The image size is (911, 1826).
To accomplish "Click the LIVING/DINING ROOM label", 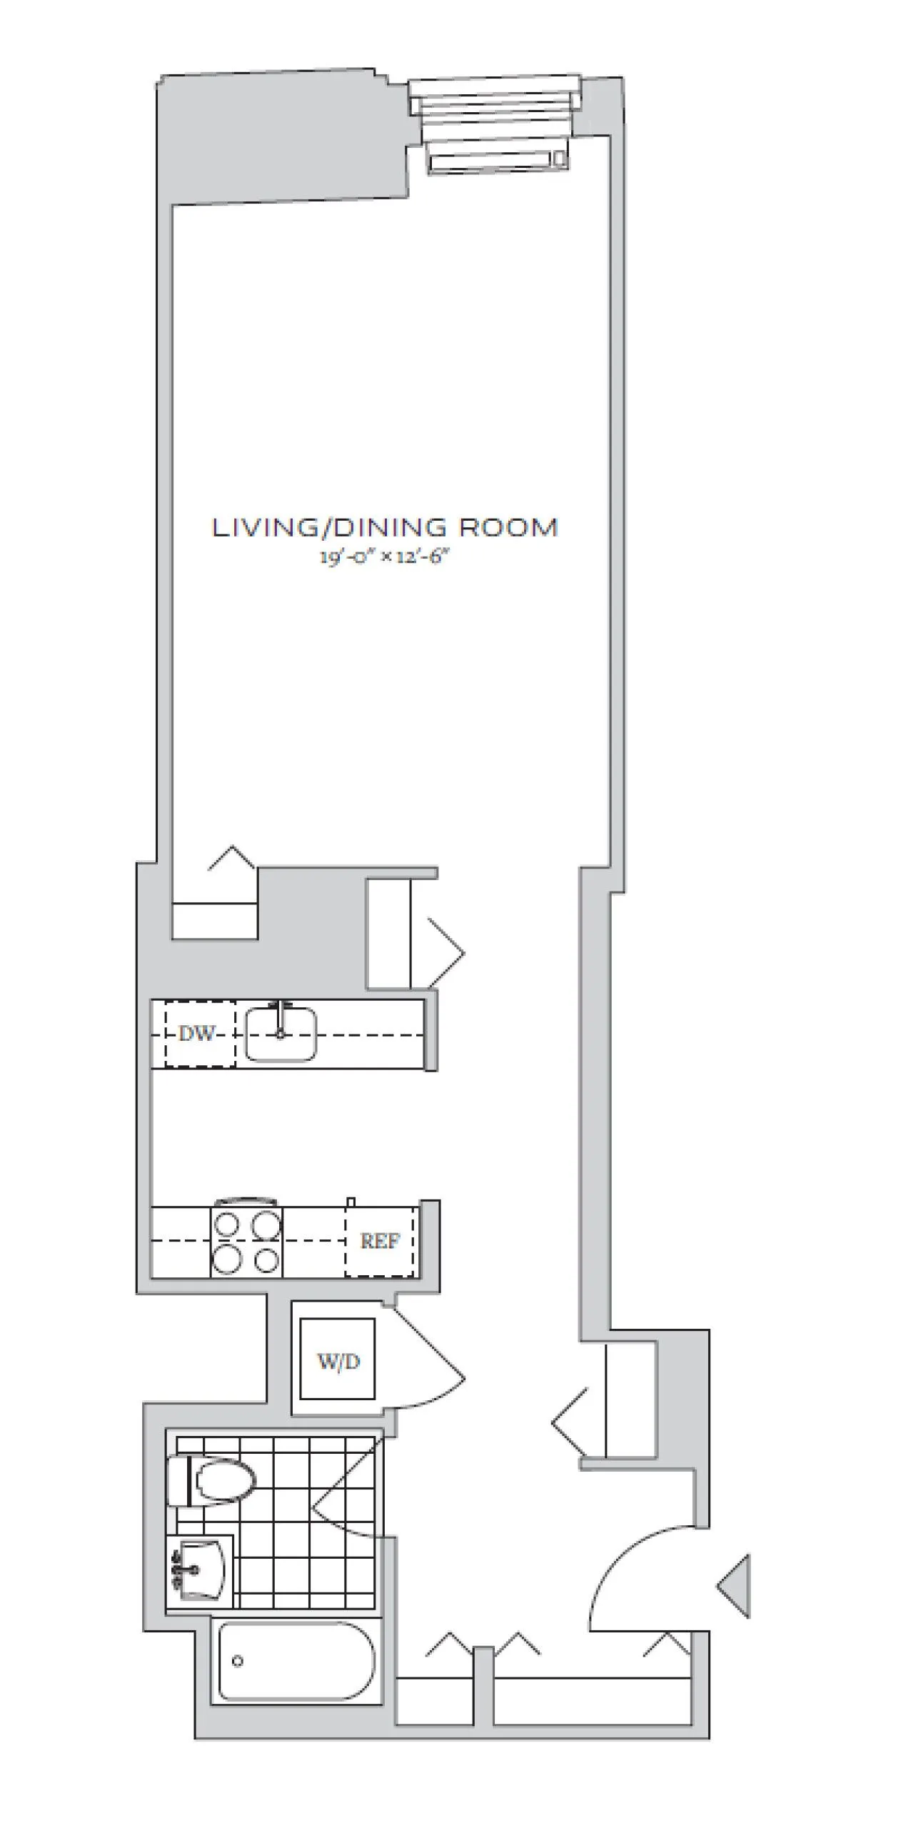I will (385, 528).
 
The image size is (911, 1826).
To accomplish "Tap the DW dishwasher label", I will (196, 1034).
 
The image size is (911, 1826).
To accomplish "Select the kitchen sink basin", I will (281, 1034).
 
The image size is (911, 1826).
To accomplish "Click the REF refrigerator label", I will (380, 1241).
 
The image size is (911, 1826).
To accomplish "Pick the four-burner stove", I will (246, 1242).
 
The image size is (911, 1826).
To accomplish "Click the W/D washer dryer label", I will (338, 1361).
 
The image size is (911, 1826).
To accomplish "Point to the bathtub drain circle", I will (238, 1661).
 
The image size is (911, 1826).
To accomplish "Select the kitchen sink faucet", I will (281, 1014).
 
